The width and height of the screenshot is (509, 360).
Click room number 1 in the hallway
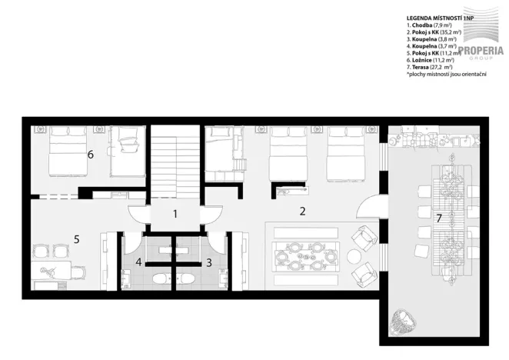[x=175, y=215]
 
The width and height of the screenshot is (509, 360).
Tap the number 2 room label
[x=303, y=210]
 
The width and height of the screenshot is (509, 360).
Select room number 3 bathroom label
[x=208, y=262]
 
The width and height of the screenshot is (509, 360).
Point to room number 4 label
[x=139, y=262]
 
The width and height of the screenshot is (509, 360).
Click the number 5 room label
[x=77, y=238]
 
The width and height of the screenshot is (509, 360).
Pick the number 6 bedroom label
[x=91, y=154]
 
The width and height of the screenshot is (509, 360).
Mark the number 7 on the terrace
[x=439, y=218]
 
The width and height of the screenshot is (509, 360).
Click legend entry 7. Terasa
[x=430, y=68]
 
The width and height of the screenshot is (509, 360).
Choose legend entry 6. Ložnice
[x=431, y=61]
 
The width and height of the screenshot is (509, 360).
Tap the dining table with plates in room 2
[x=306, y=255]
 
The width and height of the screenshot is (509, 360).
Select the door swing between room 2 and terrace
[x=369, y=206]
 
